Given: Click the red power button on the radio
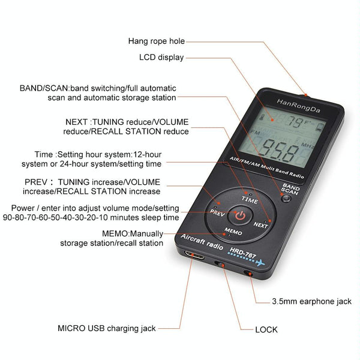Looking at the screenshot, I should click(239, 215).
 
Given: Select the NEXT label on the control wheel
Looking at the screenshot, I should click(261, 224).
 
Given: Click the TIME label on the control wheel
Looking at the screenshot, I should click(250, 199).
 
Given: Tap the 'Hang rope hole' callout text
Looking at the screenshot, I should click(157, 41).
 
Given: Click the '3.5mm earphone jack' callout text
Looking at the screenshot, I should click(311, 301).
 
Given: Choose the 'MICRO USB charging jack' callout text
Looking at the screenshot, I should click(107, 328).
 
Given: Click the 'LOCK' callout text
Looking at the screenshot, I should click(266, 330).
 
